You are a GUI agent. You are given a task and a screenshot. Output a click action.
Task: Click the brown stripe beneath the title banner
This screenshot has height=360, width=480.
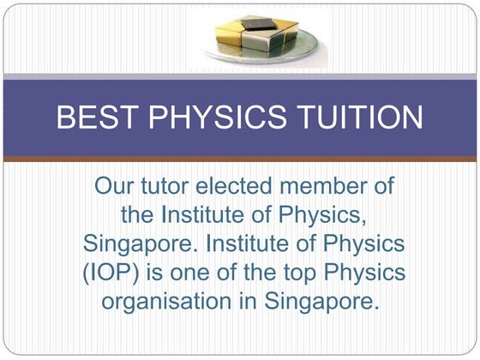[x=240, y=159]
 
